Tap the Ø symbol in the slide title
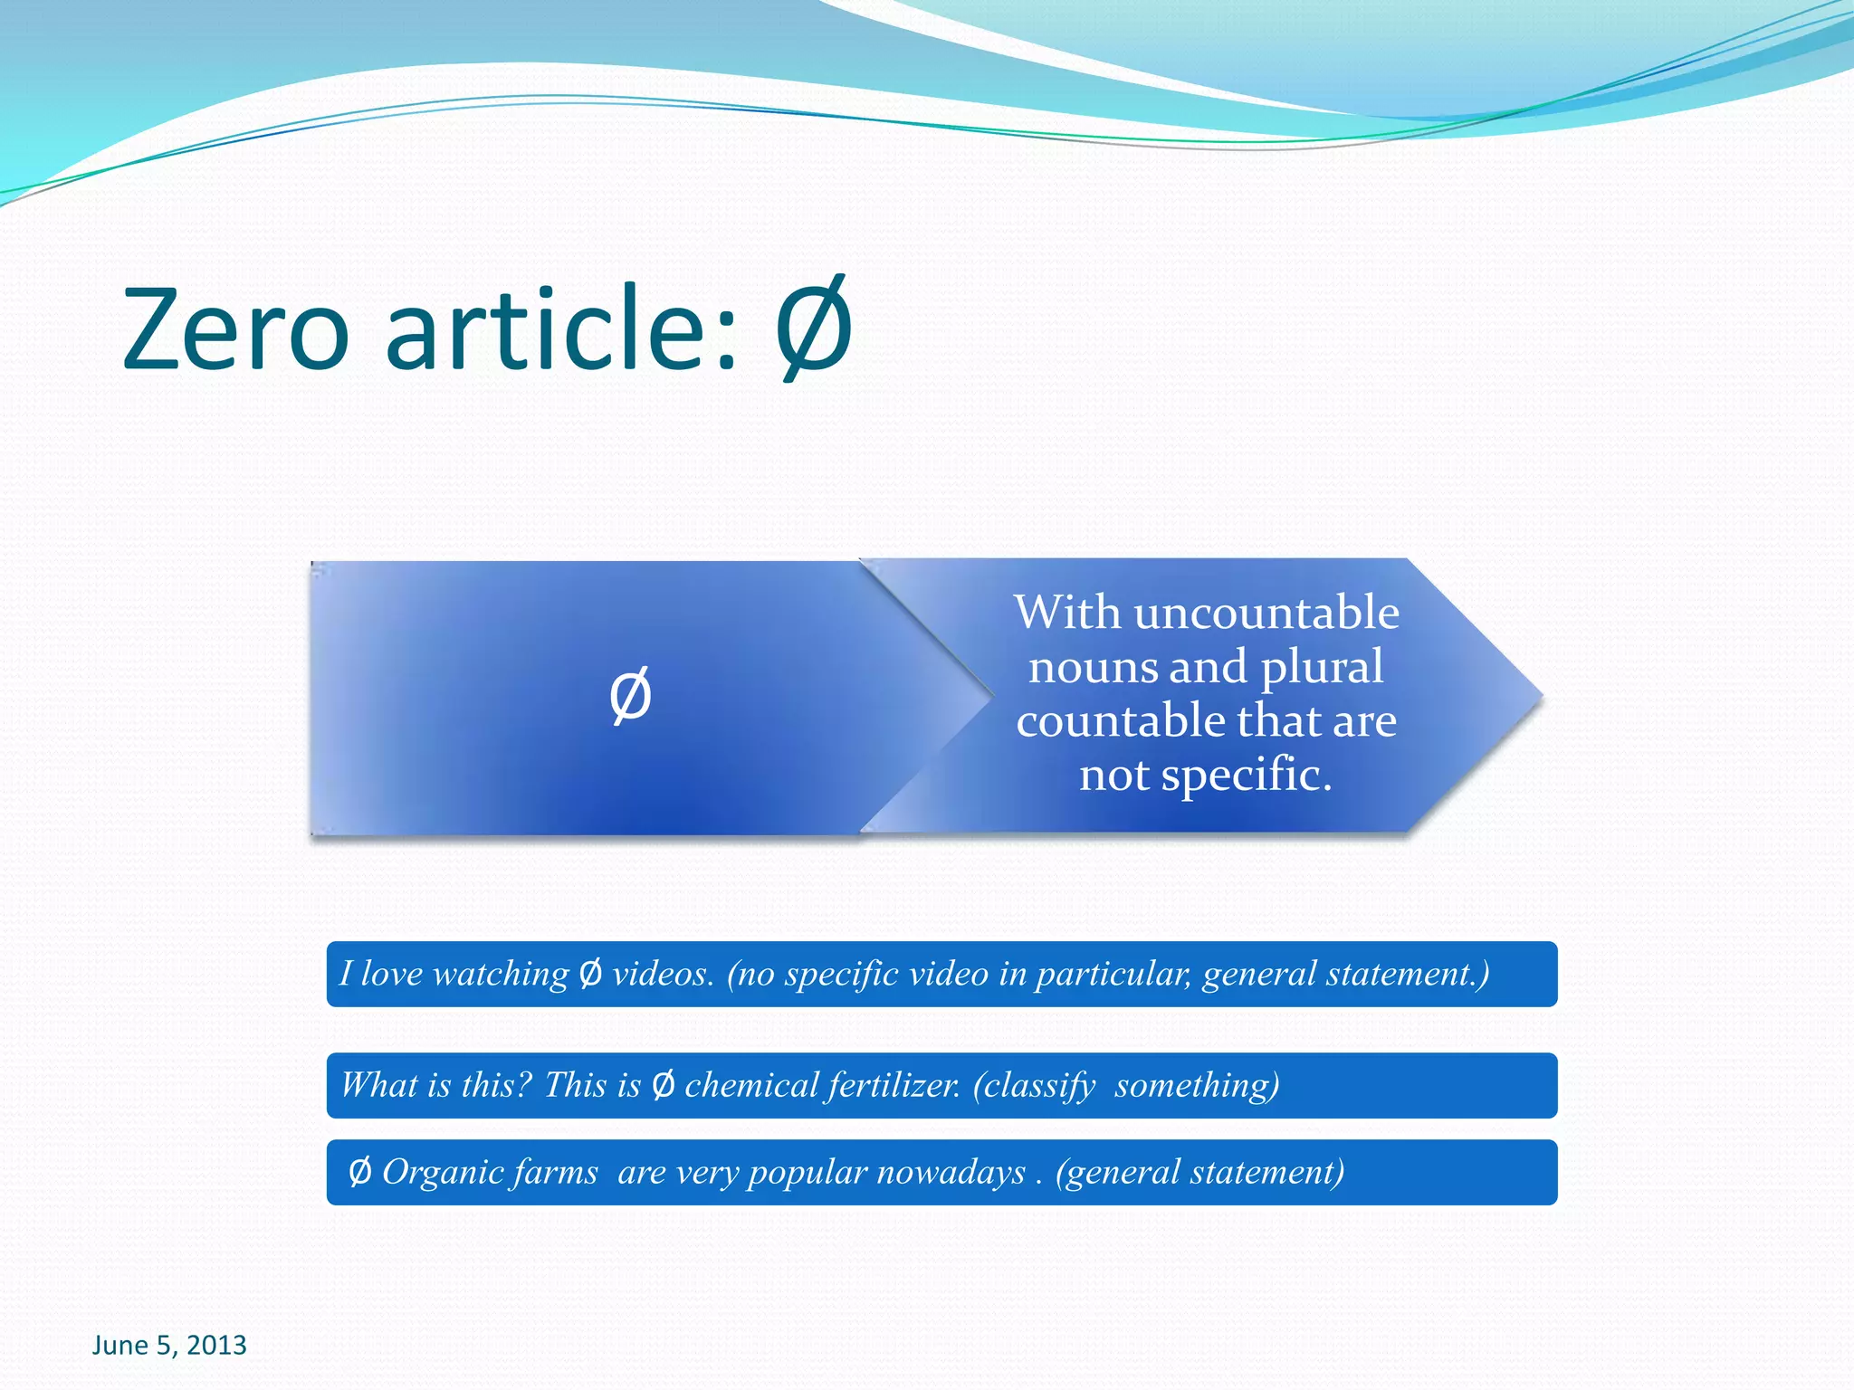click(814, 328)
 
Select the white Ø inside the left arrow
click(630, 695)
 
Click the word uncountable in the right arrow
click(1266, 613)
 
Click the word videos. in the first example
click(663, 974)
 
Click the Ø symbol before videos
click(589, 974)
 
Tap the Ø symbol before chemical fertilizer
click(663, 1085)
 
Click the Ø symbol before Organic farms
click(359, 1173)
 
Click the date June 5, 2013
click(169, 1345)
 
